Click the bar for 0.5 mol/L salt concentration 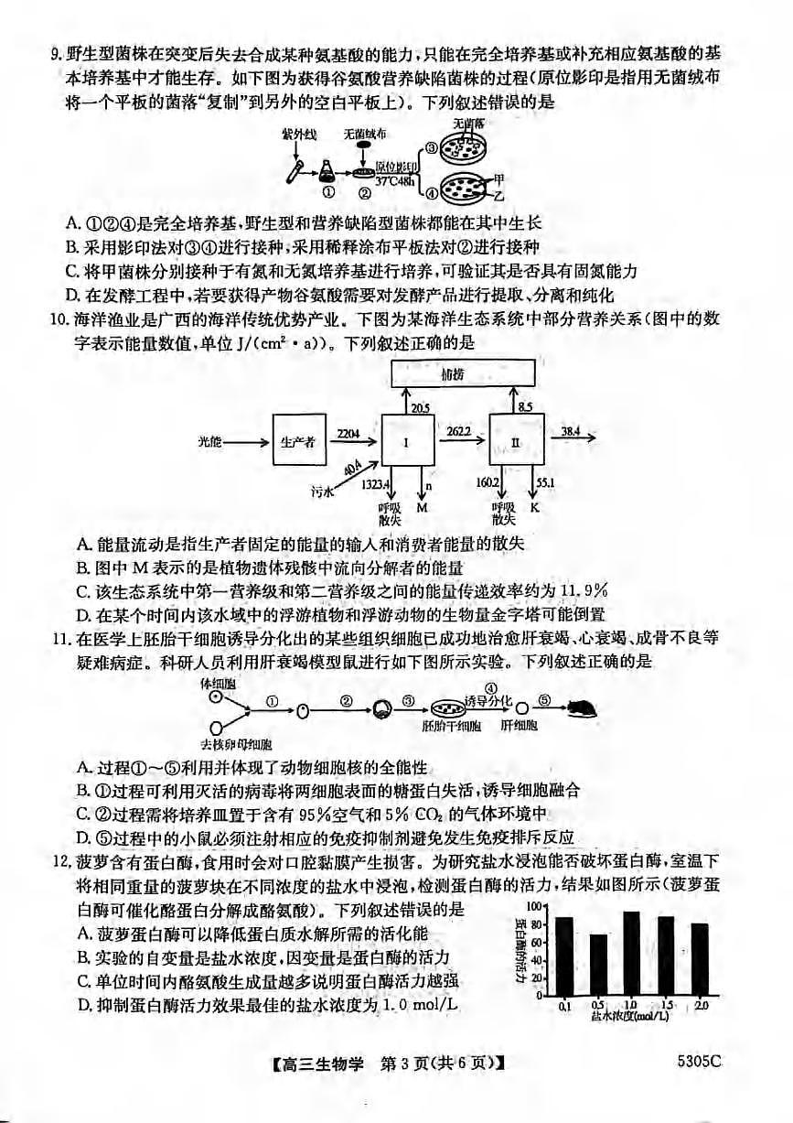click(x=598, y=965)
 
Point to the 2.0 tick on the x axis click(x=701, y=1006)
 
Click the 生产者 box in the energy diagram click(x=299, y=441)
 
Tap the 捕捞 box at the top click(x=464, y=375)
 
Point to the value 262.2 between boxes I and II click(x=460, y=429)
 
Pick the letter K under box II click(x=535, y=506)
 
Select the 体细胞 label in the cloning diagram click(x=216, y=683)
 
